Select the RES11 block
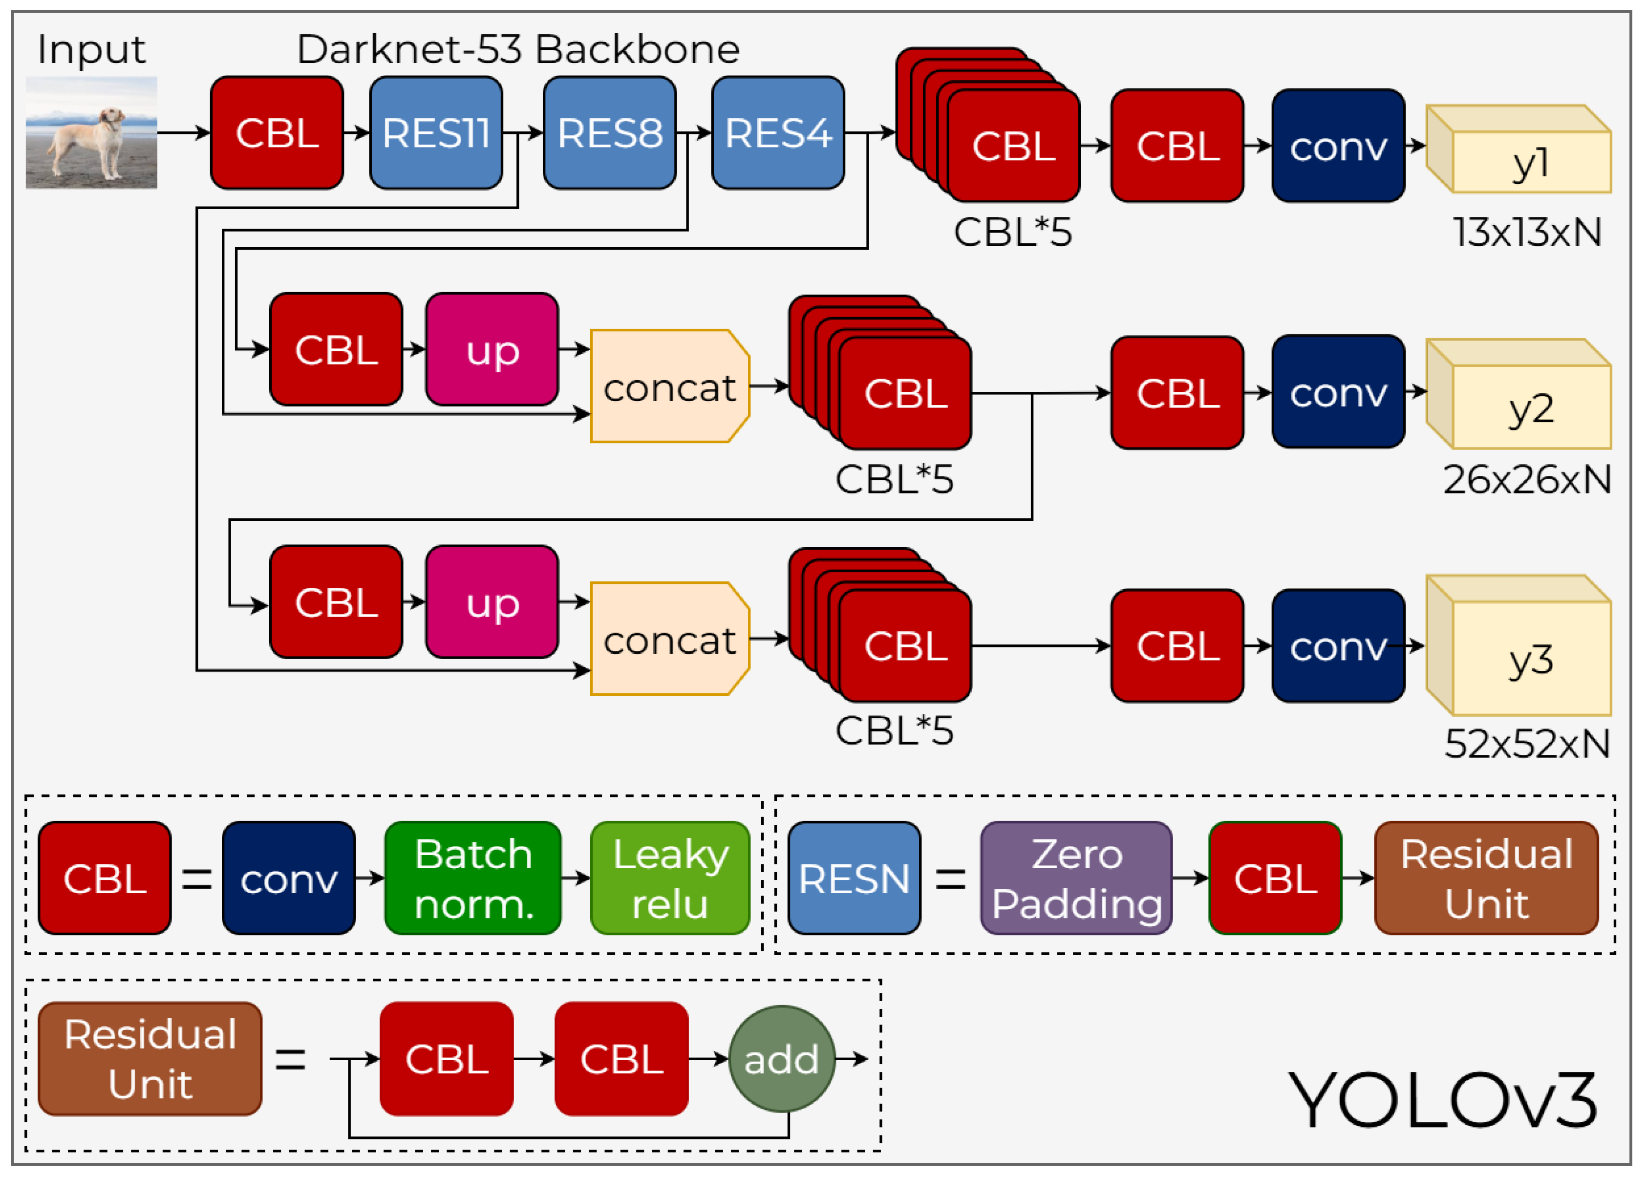(x=436, y=133)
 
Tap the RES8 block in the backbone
(x=609, y=133)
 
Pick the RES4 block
(x=777, y=133)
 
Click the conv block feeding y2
(x=1338, y=392)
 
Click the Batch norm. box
(x=473, y=878)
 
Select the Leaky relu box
(x=669, y=878)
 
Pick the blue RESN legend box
(x=854, y=878)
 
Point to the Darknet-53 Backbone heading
(x=518, y=49)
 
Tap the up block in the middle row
(x=492, y=350)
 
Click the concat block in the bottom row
(x=669, y=638)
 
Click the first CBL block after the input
(x=277, y=133)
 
